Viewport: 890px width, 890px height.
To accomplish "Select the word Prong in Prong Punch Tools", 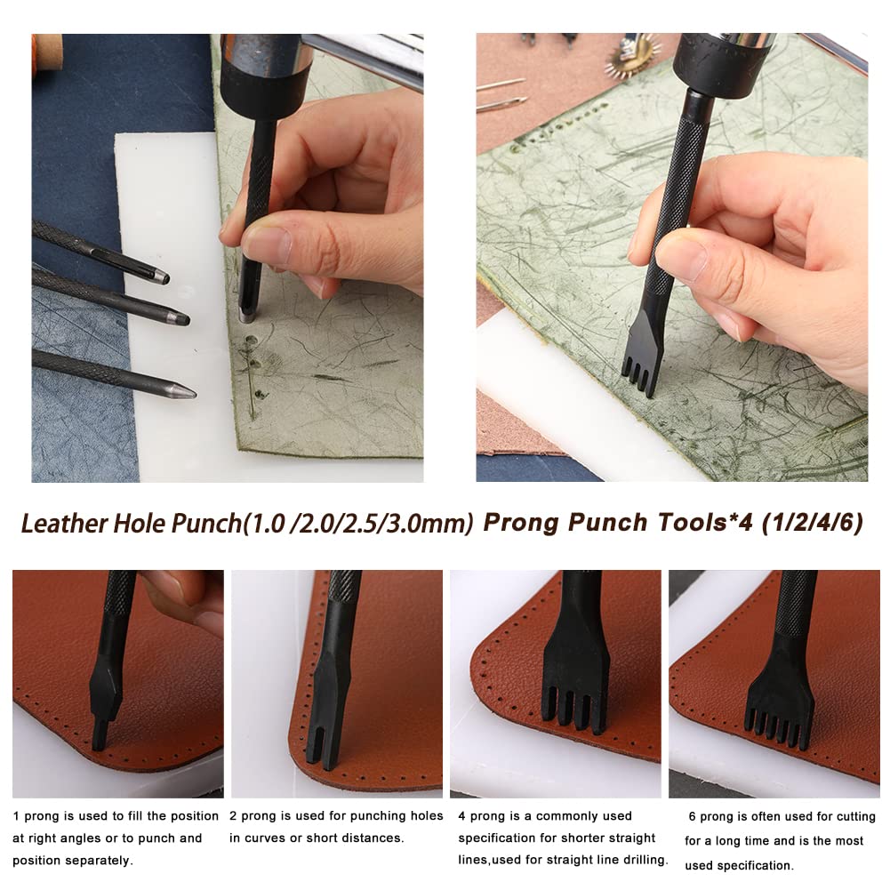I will point(517,522).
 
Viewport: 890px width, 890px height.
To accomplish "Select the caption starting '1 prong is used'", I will point(116,838).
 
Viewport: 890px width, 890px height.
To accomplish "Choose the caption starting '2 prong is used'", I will point(336,827).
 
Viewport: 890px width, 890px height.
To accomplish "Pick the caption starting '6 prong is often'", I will point(779,840).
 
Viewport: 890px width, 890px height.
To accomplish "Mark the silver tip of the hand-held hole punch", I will point(246,314).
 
